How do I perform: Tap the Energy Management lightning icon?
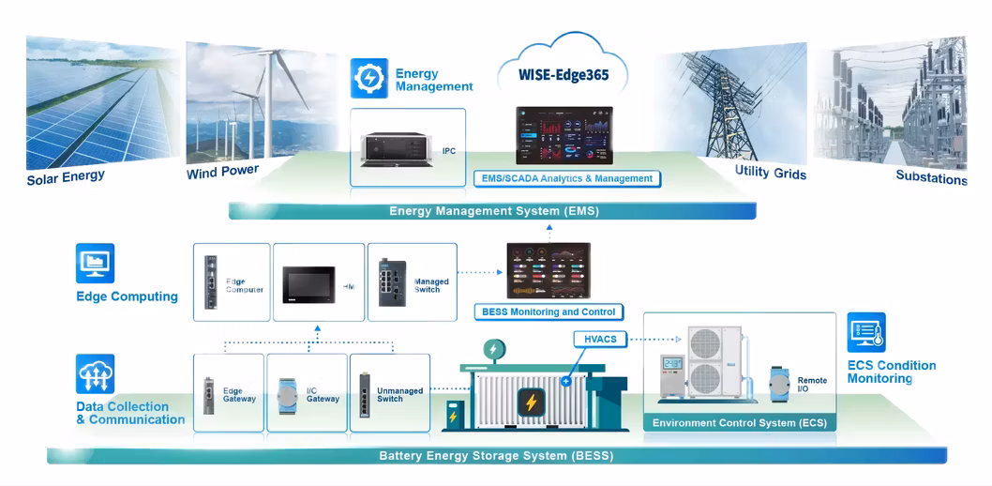point(369,78)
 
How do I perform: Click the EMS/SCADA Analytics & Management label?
point(579,178)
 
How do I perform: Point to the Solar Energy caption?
point(66,176)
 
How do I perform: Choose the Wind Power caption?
point(222,172)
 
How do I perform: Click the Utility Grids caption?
point(771,173)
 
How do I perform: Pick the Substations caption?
point(930,176)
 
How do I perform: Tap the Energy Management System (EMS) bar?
point(493,211)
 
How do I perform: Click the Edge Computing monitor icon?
point(95,264)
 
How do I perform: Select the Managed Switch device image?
point(389,281)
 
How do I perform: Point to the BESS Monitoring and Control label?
point(549,311)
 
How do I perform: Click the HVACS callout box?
point(600,339)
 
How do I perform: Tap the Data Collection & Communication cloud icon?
point(95,373)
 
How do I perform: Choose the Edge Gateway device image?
point(209,395)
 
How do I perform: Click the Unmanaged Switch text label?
point(399,395)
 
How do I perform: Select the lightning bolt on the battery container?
point(531,403)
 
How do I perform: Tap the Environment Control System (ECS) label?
point(740,423)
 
